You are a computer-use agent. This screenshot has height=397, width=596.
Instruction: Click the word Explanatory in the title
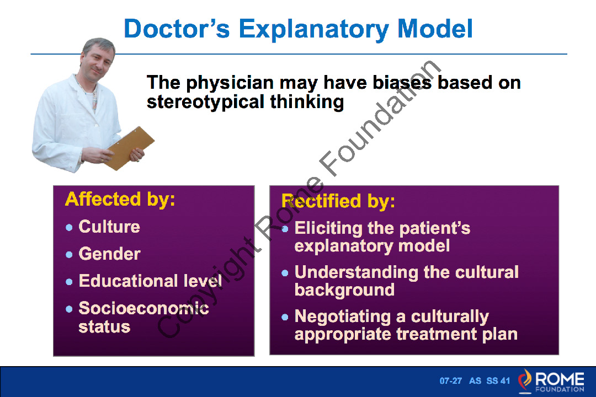pyautogui.click(x=313, y=29)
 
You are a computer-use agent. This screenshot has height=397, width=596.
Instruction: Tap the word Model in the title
pyautogui.click(x=435, y=29)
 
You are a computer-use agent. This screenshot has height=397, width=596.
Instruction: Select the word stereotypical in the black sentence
pyautogui.click(x=205, y=102)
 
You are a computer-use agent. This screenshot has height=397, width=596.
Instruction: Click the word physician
pyautogui.click(x=230, y=83)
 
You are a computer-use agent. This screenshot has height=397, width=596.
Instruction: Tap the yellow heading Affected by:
pyautogui.click(x=120, y=199)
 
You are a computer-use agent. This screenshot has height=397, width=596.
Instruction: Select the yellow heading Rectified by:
pyautogui.click(x=338, y=201)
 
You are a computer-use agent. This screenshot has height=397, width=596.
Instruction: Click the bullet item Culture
pyautogui.click(x=109, y=227)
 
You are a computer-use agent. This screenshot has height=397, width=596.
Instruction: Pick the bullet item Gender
pyautogui.click(x=109, y=254)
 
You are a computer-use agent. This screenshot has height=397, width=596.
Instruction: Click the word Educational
pyautogui.click(x=128, y=281)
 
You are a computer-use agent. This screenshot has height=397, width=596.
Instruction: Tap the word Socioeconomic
pyautogui.click(x=143, y=308)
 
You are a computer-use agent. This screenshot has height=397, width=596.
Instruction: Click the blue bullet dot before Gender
pyautogui.click(x=69, y=255)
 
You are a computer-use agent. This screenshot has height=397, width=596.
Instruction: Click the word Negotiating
pyautogui.click(x=343, y=316)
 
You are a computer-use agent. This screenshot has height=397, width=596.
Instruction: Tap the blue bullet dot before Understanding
pyautogui.click(x=285, y=273)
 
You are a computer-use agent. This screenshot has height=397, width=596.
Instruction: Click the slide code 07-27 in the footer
pyautogui.click(x=451, y=380)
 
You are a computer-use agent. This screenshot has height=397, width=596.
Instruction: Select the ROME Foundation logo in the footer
pyautogui.click(x=551, y=381)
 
